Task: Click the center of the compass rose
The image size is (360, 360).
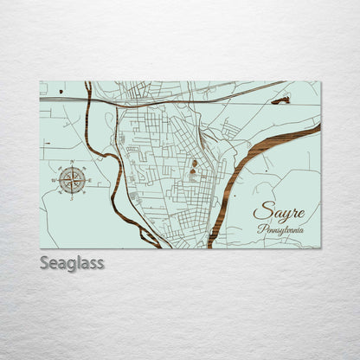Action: click(73, 180)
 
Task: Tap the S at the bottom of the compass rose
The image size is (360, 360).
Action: click(73, 198)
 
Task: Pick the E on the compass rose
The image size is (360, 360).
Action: click(91, 180)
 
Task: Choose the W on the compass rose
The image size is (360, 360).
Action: click(54, 180)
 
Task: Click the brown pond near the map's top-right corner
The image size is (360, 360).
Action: click(280, 100)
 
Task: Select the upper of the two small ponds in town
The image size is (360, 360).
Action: click(195, 162)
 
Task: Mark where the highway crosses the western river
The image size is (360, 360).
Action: click(89, 100)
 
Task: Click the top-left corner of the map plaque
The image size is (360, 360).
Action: click(40, 81)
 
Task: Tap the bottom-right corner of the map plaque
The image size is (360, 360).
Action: click(320, 248)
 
